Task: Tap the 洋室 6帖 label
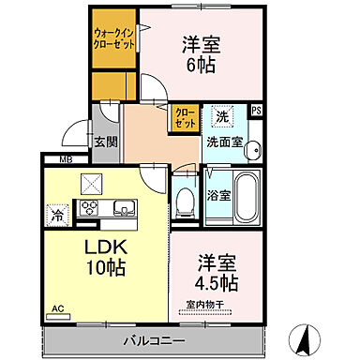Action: pyautogui.click(x=199, y=54)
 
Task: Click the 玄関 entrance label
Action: pyautogui.click(x=105, y=142)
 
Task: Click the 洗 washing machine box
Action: pyautogui.click(x=221, y=117)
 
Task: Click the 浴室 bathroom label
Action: pyautogui.click(x=217, y=198)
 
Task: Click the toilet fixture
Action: pyautogui.click(x=183, y=201)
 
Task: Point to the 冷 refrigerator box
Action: pyautogui.click(x=58, y=214)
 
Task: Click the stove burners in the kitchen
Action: pyautogui.click(x=92, y=207)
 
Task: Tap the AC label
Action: pyautogui.click(x=58, y=308)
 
